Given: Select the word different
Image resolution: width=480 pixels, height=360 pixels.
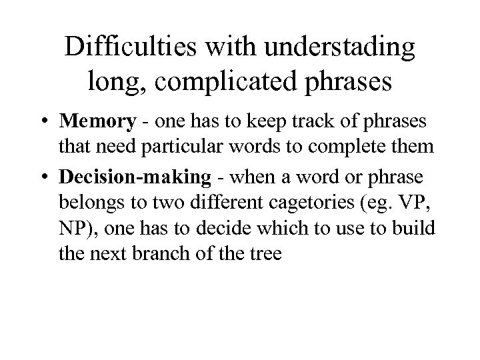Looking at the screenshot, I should point(201,203).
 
